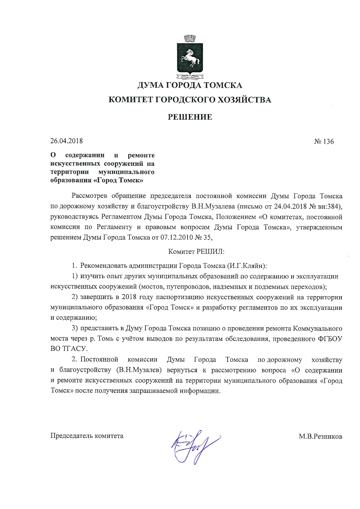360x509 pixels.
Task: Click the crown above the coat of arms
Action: [190, 38]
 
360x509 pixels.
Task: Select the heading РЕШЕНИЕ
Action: [190, 117]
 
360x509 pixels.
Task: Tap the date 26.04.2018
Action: [66, 141]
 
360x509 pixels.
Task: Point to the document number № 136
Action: [324, 142]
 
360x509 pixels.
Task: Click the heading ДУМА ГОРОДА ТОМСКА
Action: [190, 85]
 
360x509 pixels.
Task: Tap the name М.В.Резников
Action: [320, 436]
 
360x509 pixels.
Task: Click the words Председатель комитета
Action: [87, 436]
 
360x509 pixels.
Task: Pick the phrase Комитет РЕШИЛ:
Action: [196, 251]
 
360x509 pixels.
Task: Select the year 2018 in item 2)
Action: [129, 297]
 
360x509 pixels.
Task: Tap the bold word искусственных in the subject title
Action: [76, 163]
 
